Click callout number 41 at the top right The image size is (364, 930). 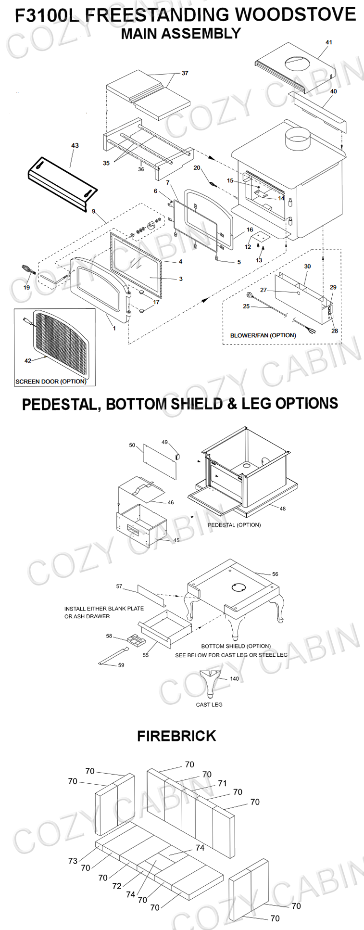(328, 42)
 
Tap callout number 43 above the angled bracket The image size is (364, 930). (75, 145)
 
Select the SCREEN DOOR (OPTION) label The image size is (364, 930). (51, 382)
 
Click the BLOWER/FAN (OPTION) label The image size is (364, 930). (263, 335)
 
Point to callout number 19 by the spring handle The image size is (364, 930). (26, 288)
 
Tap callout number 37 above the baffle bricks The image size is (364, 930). (185, 73)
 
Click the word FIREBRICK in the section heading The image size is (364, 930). (176, 736)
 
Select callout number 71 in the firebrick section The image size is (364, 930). (222, 783)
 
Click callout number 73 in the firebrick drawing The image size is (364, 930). (73, 861)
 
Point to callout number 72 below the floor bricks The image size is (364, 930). (117, 886)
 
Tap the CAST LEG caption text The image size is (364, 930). (209, 704)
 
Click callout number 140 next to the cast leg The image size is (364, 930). (234, 679)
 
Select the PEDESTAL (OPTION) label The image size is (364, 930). (234, 525)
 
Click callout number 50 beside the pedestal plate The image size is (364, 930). (132, 445)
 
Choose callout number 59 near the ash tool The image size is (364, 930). (121, 665)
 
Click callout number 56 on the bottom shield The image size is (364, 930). (275, 574)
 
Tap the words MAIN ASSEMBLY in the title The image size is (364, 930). (181, 34)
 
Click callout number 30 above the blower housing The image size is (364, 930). (307, 266)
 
